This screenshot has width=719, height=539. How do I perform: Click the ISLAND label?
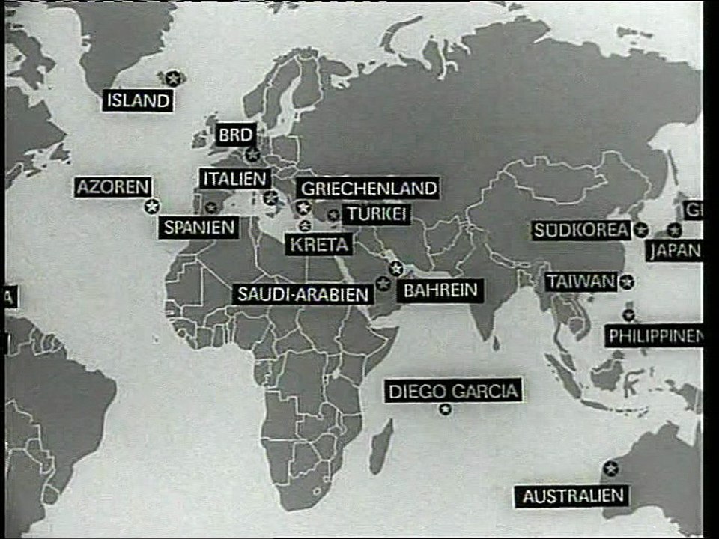click(x=138, y=100)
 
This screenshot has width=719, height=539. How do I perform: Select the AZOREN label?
click(x=113, y=187)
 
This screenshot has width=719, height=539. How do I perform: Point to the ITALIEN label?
click(x=234, y=179)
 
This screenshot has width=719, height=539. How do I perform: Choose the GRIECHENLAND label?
click(x=368, y=189)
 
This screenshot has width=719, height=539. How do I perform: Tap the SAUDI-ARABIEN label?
click(x=303, y=294)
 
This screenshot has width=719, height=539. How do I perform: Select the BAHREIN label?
click(x=440, y=290)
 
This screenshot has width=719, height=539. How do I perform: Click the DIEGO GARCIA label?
click(x=453, y=391)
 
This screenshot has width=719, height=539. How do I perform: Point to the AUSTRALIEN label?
click(x=573, y=496)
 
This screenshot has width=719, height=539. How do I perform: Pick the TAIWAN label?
click(x=581, y=282)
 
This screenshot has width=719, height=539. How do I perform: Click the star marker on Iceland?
click(x=174, y=77)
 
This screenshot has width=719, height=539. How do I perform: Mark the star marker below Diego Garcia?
click(x=446, y=409)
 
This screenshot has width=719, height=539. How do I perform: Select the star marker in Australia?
click(x=611, y=469)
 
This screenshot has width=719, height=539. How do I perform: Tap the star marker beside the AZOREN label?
click(x=152, y=206)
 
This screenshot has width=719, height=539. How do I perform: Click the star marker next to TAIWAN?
click(x=628, y=282)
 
